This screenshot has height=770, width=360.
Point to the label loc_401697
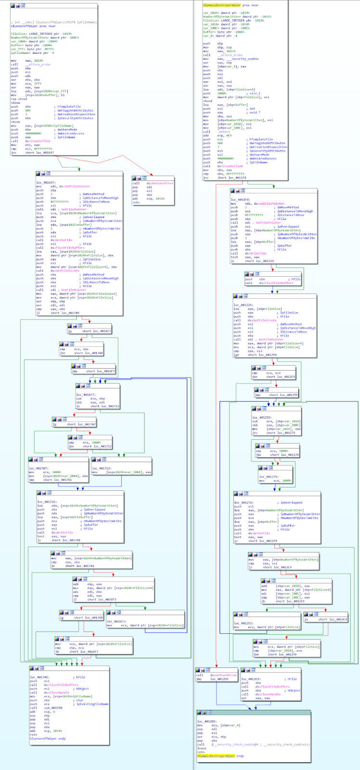click(46, 182)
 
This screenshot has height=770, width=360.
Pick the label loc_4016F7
click(85, 395)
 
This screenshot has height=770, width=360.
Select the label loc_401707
click(38, 468)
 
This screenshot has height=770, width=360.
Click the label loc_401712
click(101, 468)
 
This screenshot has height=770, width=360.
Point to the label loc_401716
click(47, 502)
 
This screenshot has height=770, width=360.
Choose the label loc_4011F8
click(240, 200)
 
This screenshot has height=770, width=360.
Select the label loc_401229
click(243, 305)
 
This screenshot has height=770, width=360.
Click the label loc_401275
click(268, 476)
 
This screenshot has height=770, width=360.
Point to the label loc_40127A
click(244, 502)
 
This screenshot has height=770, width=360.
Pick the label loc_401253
click(244, 623)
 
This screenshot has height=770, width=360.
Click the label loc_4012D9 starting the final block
click(206, 721)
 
